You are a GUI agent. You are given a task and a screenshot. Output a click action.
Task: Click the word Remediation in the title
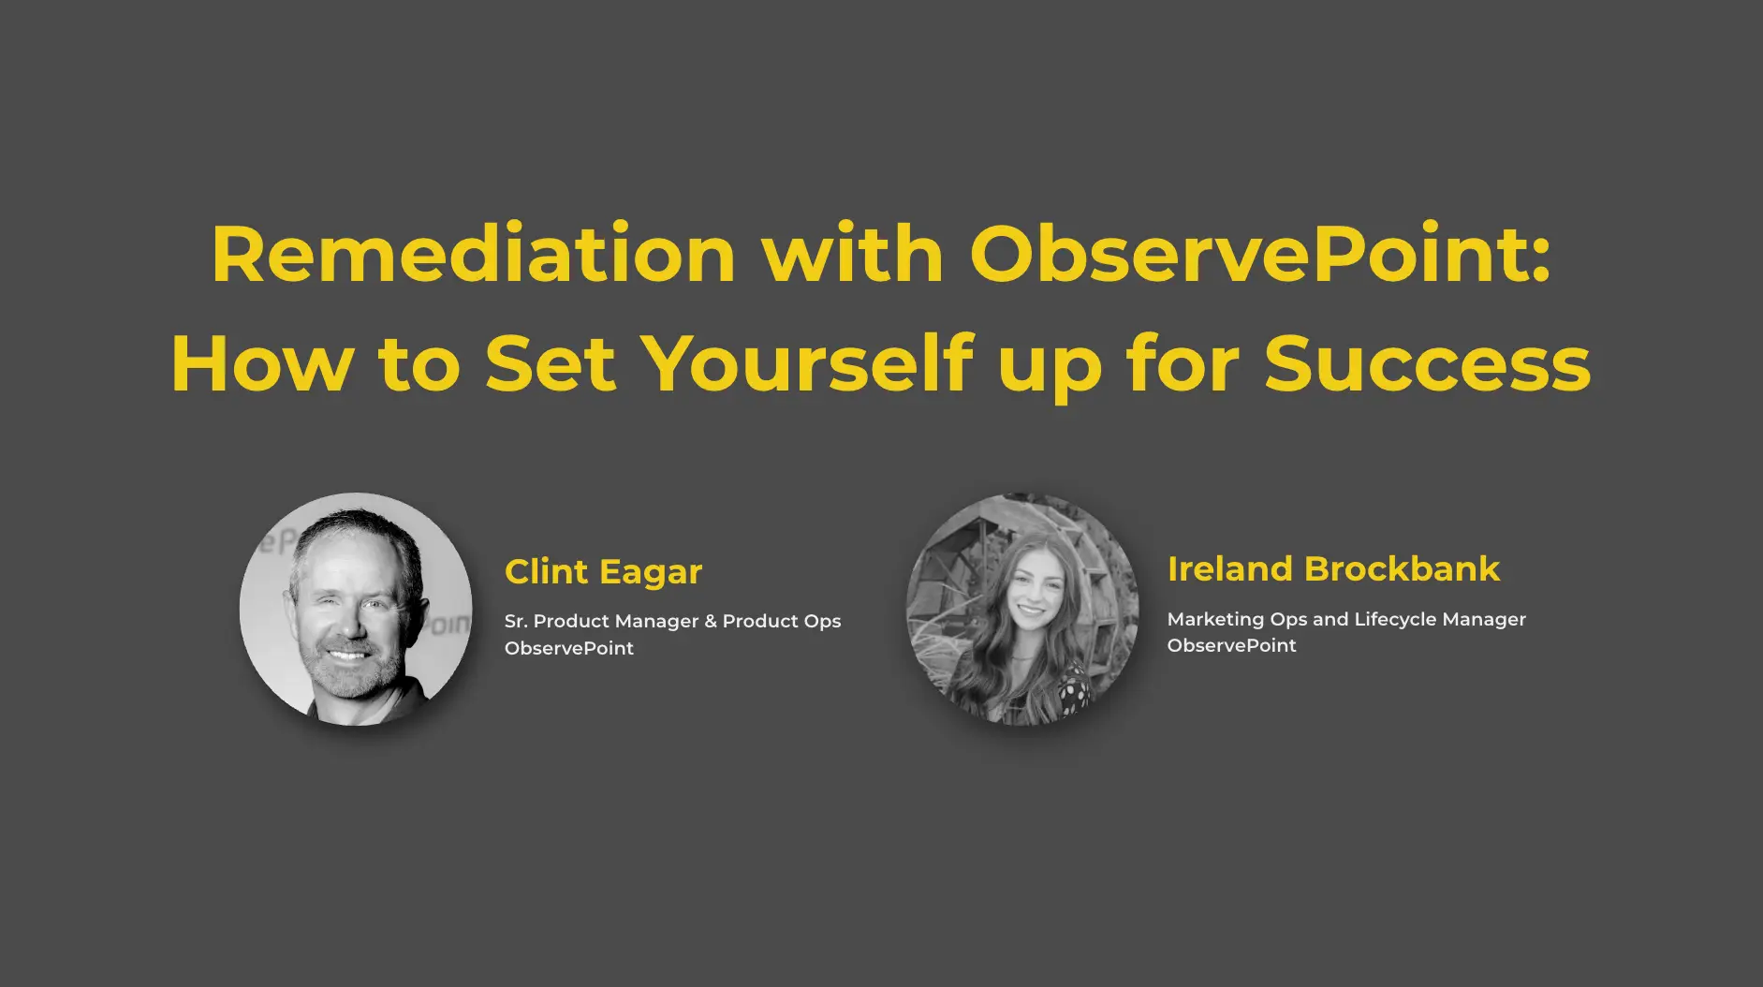point(474,254)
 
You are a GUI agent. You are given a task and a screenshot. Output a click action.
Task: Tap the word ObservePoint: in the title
point(1260,254)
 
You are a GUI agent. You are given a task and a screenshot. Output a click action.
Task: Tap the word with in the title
point(853,254)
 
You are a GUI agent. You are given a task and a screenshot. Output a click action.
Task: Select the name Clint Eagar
point(603,572)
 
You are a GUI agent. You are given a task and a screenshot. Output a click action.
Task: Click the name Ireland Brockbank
point(1333,568)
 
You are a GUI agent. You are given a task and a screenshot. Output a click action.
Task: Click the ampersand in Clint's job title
point(711,621)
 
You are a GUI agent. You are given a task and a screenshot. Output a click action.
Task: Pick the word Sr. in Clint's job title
point(516,621)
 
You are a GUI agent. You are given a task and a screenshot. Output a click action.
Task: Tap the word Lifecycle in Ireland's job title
point(1395,620)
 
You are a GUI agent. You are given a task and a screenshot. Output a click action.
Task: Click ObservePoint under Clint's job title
point(569,648)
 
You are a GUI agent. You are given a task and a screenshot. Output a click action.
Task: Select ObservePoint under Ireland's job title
point(1232,645)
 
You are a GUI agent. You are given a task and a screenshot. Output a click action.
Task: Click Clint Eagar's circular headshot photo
point(356,609)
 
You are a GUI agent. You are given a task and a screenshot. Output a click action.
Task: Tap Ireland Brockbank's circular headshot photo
point(1022,609)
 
